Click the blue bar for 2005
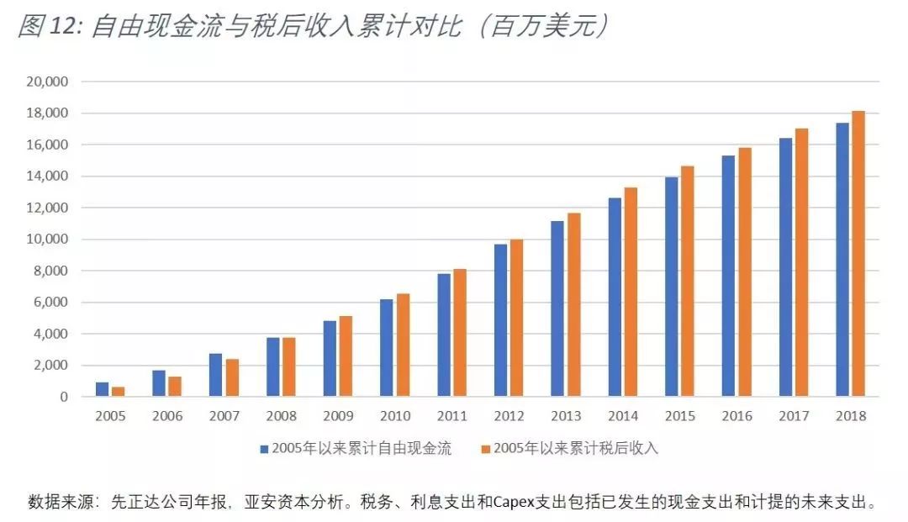(x=102, y=389)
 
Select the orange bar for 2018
(x=858, y=254)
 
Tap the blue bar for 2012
(x=500, y=320)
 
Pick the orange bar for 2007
(x=232, y=377)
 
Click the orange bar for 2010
(x=403, y=345)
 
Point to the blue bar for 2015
(x=671, y=287)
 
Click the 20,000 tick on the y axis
(x=47, y=82)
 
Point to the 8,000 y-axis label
(x=50, y=271)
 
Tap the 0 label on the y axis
(x=64, y=397)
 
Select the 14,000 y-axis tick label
(x=47, y=177)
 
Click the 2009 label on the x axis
(x=338, y=416)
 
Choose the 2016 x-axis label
(x=736, y=416)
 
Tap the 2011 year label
(x=451, y=416)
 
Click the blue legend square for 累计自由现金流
(x=265, y=449)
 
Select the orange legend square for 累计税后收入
(x=485, y=449)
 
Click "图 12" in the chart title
(x=47, y=27)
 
